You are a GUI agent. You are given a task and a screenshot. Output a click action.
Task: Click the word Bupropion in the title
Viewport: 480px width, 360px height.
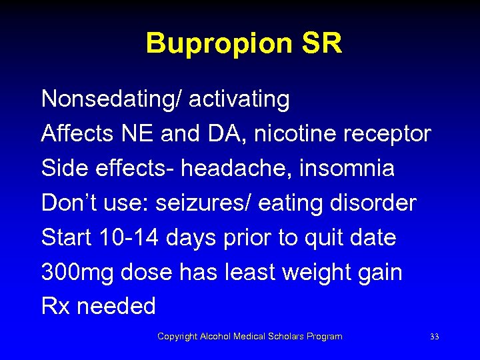(x=217, y=44)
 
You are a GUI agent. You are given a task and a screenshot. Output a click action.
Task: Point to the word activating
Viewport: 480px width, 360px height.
(x=239, y=100)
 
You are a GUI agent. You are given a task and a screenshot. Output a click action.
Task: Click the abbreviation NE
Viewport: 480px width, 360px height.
(x=143, y=134)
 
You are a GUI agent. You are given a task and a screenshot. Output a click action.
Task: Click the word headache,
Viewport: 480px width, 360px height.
(x=254, y=169)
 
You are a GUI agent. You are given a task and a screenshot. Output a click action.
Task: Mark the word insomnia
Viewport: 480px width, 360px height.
(x=349, y=169)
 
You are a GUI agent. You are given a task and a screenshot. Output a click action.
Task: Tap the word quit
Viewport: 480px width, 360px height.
(x=328, y=239)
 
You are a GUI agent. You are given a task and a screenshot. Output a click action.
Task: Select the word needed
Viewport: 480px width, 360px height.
(x=117, y=307)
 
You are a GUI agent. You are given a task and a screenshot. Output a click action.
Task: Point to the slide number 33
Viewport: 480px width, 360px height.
(x=435, y=337)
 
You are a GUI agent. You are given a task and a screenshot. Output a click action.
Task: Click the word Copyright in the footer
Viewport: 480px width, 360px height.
(x=177, y=337)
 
